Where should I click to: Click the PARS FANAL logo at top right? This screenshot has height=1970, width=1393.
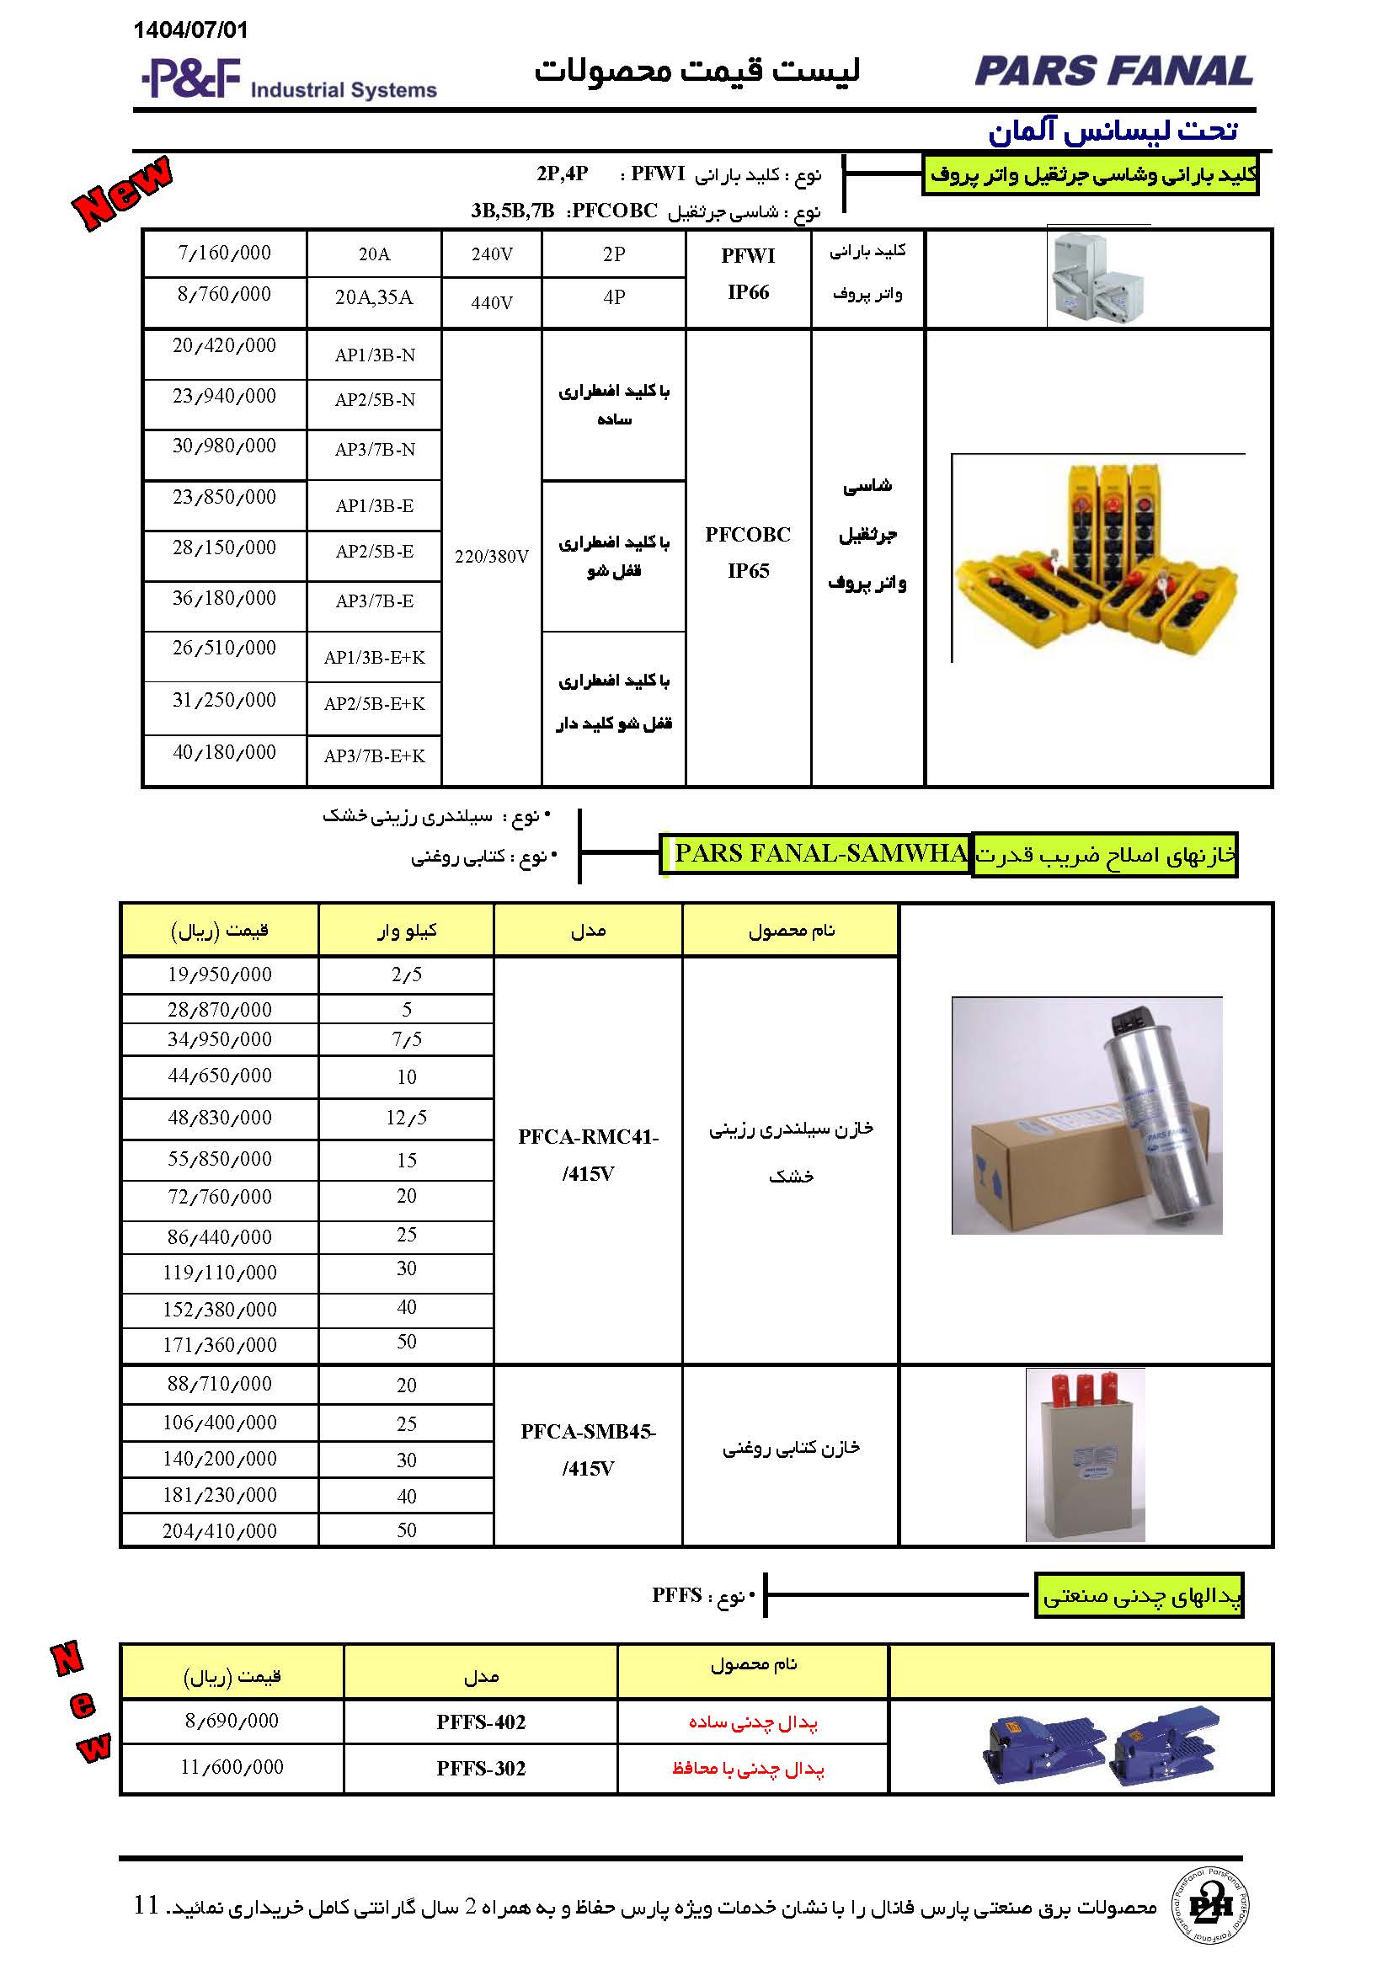1113,72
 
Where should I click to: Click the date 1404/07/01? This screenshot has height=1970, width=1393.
190,31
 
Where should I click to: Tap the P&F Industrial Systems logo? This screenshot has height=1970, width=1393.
288,79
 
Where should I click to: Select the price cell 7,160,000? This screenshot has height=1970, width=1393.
224,254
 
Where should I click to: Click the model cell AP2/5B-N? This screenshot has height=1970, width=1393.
375,400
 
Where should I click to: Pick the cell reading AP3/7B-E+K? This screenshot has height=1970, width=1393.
374,755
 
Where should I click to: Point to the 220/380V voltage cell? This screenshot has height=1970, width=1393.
492,557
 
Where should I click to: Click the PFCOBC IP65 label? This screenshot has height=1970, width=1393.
748,553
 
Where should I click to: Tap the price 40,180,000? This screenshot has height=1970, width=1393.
224,752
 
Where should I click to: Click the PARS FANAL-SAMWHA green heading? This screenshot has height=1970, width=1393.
819,854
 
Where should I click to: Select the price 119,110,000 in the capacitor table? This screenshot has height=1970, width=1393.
220,1273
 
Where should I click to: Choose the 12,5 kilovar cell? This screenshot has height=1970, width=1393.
407,1118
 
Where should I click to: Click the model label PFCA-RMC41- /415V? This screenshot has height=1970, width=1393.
589,1155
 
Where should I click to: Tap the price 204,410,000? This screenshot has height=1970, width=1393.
220,1530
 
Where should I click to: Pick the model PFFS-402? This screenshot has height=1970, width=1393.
480,1722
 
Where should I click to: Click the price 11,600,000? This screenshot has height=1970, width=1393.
232,1767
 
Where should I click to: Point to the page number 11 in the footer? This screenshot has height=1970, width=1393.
147,1905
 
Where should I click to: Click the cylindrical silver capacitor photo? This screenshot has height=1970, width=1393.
1086,1115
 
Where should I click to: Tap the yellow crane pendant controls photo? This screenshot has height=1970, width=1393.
1098,558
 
